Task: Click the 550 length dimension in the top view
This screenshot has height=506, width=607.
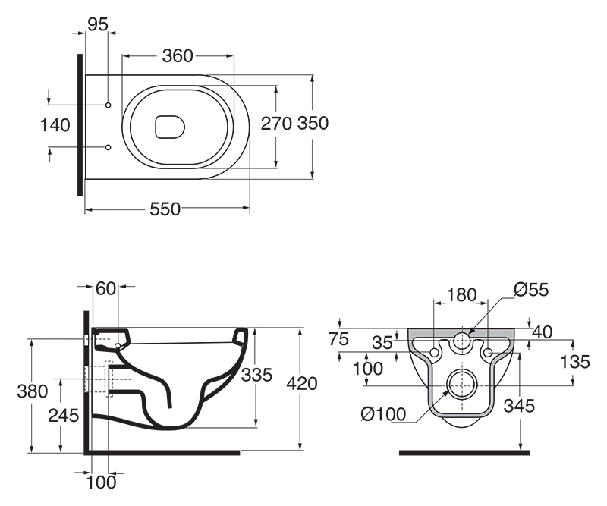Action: [165, 210]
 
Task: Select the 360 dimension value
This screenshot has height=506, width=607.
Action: [177, 55]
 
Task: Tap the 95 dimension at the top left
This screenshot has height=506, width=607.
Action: [98, 24]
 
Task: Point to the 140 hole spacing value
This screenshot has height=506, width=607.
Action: [55, 124]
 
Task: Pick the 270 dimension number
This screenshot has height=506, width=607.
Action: [276, 124]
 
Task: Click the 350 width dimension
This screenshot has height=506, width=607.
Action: [313, 124]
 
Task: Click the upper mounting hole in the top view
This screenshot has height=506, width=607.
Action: [109, 104]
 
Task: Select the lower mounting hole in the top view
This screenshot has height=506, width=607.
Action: [109, 146]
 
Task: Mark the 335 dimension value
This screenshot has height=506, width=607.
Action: [256, 375]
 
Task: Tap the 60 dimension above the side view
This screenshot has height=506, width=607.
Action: [106, 288]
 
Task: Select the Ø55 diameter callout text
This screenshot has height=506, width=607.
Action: [530, 289]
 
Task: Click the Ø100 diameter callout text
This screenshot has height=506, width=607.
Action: [383, 415]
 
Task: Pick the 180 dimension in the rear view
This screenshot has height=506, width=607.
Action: [461, 294]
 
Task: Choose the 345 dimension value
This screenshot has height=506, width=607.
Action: [520, 406]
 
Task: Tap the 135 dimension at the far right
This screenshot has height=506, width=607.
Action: [575, 363]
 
